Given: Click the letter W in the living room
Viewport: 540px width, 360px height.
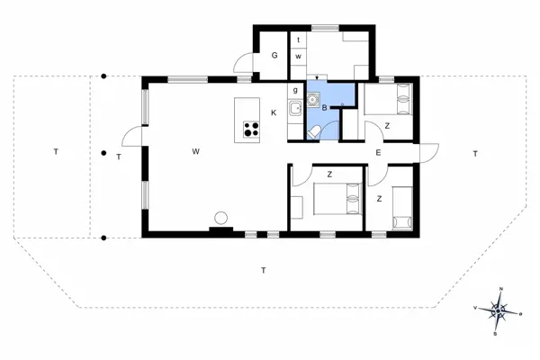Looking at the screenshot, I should [195, 151].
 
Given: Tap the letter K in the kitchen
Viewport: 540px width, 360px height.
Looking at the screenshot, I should [274, 112].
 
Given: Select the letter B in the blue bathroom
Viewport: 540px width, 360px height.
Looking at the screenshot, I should [324, 107].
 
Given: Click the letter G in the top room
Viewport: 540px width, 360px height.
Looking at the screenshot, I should [274, 56].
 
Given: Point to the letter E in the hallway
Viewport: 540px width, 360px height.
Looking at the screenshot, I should [378, 153].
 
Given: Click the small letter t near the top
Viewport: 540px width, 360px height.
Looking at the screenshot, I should [298, 40].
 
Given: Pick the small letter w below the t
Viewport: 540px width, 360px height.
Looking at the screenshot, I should [298, 56].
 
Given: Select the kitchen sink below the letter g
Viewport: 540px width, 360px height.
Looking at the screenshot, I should [295, 110].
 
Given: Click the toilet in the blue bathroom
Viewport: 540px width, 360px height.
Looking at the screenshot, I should [312, 132].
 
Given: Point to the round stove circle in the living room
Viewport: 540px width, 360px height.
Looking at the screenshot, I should [221, 217].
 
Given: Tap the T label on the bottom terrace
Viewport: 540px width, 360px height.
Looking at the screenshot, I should [263, 270].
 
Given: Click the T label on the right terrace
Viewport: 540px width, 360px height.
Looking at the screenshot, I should [474, 155].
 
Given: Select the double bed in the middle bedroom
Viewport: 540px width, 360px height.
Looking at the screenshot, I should [337, 199].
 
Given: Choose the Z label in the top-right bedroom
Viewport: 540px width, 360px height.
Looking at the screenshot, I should [387, 126].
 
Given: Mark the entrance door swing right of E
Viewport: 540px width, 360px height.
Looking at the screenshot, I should [428, 153].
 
